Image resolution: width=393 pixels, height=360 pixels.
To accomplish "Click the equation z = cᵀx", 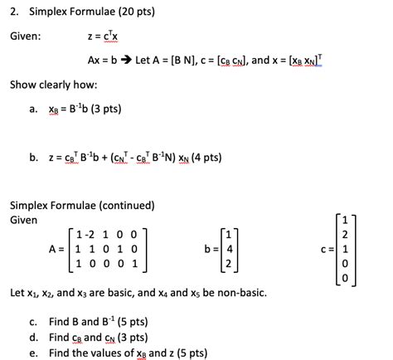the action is point(104,36).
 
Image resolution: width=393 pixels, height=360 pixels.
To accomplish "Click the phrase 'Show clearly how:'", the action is point(48,85).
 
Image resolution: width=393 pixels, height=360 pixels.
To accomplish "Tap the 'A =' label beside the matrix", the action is point(57,248).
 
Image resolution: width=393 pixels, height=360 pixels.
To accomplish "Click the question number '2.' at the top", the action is point(13,12).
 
